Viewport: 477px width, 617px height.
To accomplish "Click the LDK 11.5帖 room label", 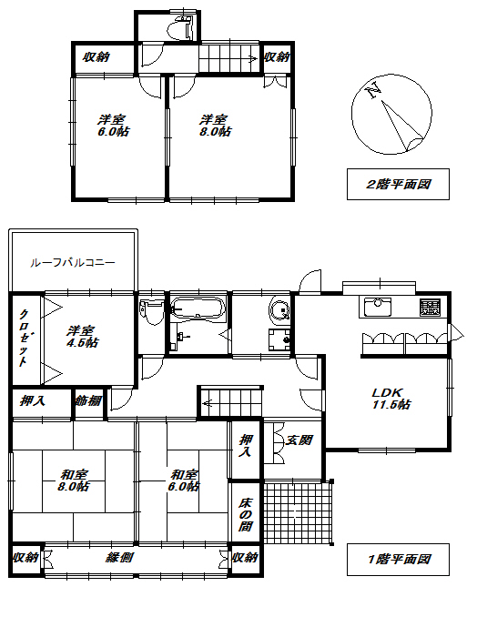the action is pos(391,399).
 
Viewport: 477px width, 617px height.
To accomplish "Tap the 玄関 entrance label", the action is pos(299,440).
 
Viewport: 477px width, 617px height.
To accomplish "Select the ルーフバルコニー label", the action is pos(73,263).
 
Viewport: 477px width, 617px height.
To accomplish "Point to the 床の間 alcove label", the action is pos(245,515).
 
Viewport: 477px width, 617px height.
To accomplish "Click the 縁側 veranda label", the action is pos(119,557).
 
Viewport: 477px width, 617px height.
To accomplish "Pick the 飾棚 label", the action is pos(88,401).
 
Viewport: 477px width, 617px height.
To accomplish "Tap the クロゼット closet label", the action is pos(24,338).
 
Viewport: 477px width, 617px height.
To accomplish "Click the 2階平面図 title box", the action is pos(398,184).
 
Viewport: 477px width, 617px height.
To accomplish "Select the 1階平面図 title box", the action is pos(398,559).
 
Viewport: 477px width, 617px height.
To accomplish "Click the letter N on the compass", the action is pos(374,91).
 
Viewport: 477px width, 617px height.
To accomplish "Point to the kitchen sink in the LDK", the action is pos(378,307).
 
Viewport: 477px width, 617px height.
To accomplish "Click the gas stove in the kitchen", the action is pos(431,307).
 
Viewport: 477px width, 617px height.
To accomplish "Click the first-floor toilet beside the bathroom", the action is pos(151,311).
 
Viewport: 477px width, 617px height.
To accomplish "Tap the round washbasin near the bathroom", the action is pos(279,308).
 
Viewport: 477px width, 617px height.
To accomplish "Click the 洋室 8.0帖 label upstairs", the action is pos(215,126).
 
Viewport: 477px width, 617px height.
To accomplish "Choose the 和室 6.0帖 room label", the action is pos(183,480).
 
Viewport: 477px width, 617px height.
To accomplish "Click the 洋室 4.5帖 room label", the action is pos(82,337).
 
